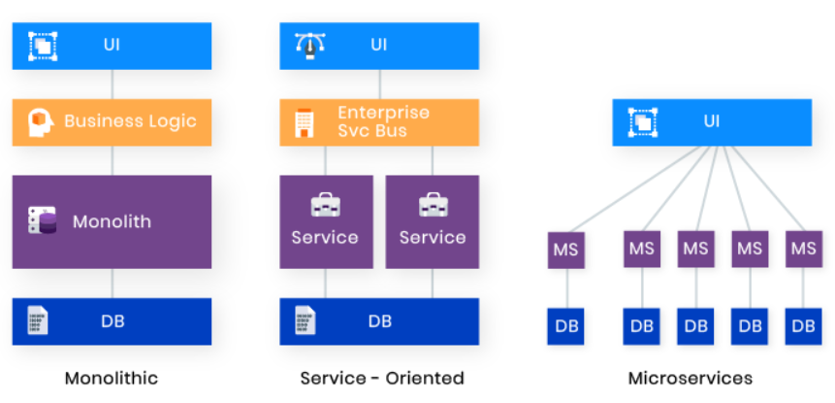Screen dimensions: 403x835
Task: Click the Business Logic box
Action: point(112,121)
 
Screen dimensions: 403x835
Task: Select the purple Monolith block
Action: point(112,221)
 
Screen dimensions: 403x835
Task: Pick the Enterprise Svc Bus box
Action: point(379,121)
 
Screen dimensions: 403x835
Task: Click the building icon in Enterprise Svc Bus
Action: point(304,122)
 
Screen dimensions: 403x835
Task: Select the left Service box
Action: point(325,221)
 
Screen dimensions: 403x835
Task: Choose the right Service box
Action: point(433,221)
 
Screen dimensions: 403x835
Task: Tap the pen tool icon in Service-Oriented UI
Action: point(308,45)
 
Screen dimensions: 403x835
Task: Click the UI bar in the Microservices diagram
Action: point(712,122)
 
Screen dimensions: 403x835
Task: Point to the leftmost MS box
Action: point(565,249)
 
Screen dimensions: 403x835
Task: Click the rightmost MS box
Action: point(803,249)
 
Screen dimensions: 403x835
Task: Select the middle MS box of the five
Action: point(695,249)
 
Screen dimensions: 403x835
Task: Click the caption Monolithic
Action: point(112,378)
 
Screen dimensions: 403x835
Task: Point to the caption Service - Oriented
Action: point(382,378)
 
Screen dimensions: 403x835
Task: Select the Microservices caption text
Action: point(690,378)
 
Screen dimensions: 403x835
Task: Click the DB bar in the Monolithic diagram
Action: point(112,321)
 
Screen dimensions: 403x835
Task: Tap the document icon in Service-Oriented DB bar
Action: point(304,321)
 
